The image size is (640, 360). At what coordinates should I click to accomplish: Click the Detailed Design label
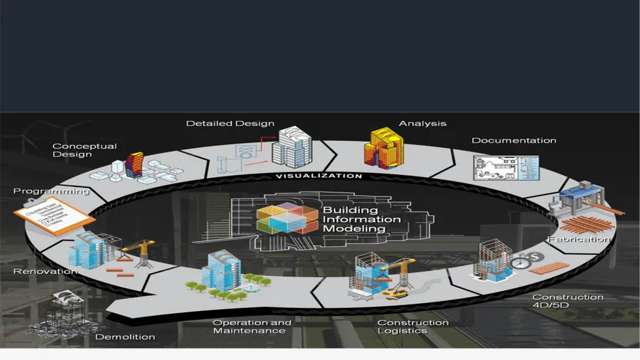(230, 123)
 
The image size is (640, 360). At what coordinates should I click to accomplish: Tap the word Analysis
(422, 123)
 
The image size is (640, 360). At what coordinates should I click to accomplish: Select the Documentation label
(513, 140)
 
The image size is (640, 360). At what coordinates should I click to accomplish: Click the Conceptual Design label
(84, 150)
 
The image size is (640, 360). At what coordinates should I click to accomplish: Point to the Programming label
(51, 191)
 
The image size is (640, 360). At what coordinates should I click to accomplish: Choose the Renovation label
(45, 271)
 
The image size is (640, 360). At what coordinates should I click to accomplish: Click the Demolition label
(124, 337)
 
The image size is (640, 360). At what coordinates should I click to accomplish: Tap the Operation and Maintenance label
(252, 327)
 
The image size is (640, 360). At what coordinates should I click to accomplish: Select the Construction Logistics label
(412, 327)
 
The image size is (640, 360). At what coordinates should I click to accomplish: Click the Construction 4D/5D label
(567, 301)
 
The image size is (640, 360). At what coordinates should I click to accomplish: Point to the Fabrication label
(579, 239)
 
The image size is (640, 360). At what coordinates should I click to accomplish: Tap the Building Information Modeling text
(361, 220)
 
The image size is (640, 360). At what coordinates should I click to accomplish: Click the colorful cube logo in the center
(284, 218)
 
